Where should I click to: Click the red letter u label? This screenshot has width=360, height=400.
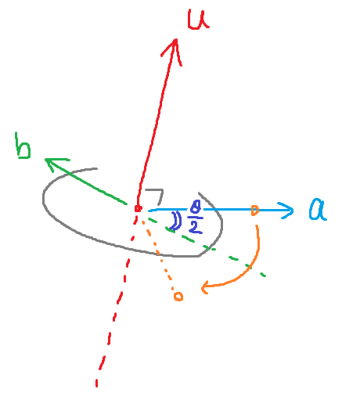click(198, 20)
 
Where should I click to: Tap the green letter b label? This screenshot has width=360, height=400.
click(23, 146)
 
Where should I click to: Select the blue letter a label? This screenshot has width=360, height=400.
click(317, 210)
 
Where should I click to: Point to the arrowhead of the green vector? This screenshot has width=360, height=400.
click(55, 164)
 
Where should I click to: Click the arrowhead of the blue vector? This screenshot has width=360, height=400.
click(286, 211)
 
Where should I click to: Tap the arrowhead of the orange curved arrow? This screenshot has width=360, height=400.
click(206, 287)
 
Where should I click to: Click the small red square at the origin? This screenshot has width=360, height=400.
click(138, 208)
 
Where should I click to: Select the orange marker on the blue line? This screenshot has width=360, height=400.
click(254, 211)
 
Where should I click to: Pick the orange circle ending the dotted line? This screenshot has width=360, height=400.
click(178, 297)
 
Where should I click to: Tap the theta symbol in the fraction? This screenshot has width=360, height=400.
click(196, 207)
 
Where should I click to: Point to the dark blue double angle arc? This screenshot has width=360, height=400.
click(177, 221)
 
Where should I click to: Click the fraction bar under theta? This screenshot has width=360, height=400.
click(195, 217)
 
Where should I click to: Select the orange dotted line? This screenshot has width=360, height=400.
click(158, 256)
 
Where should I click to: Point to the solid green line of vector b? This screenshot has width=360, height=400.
click(86, 182)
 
